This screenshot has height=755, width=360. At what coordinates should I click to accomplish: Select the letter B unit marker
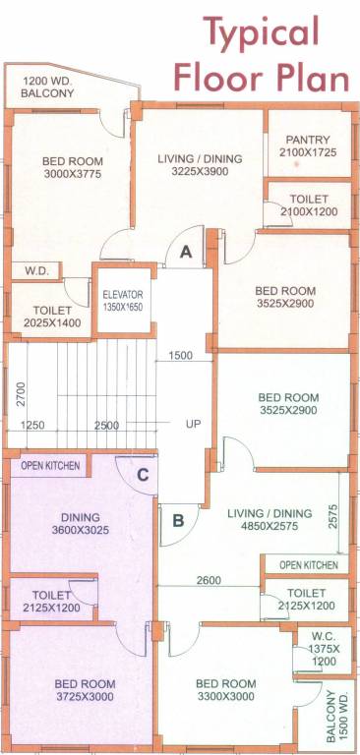tap(179, 521)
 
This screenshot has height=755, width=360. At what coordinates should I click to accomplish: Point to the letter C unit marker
tap(143, 476)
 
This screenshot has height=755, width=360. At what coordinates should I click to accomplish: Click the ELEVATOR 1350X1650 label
tap(123, 300)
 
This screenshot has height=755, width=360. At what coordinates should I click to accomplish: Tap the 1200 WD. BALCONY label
tap(47, 87)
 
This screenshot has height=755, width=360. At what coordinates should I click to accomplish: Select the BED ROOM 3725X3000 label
tap(85, 690)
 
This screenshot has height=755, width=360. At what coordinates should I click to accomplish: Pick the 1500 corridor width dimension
tap(180, 356)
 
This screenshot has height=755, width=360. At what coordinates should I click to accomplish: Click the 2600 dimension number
tap(208, 580)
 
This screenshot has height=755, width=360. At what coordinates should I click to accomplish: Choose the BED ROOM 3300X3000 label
tap(226, 690)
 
